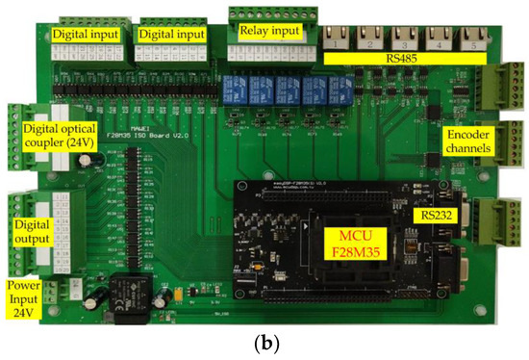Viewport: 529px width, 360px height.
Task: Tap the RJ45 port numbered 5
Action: click(x=472, y=39)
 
